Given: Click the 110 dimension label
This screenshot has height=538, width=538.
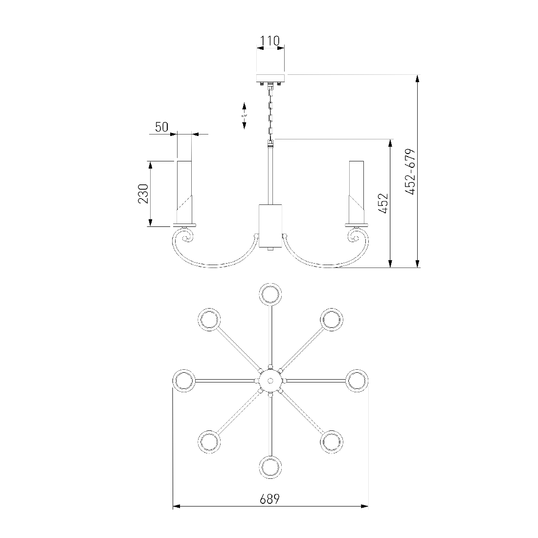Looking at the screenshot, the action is coord(270,41).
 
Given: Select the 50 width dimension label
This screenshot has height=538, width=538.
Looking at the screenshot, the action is coord(161,127).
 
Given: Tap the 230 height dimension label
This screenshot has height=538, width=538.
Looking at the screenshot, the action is coord(143,194).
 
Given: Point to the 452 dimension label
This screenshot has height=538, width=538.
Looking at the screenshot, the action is coord(383,203).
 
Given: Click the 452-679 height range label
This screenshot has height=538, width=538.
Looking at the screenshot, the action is coord(410,172).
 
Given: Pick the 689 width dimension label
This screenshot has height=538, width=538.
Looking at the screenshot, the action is coord(269,499).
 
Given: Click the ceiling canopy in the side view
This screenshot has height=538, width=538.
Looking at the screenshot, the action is coord(270,78).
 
